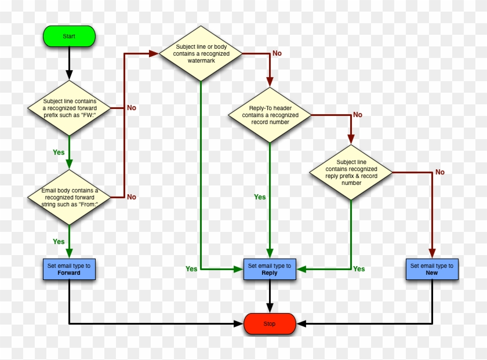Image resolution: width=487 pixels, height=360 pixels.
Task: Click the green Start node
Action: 69,36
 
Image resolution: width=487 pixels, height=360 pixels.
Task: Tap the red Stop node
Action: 270,323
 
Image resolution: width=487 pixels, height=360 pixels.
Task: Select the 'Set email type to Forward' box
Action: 69,269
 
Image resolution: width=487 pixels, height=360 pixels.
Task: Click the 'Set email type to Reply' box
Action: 270,269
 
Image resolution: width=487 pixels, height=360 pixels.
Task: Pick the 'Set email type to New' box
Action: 432,269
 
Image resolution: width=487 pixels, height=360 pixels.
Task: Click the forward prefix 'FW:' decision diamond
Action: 69,107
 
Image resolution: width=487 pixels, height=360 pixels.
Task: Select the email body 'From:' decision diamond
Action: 69,197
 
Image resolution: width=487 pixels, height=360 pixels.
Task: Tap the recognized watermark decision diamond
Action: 201,53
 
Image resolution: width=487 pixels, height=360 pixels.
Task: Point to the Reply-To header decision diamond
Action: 270,115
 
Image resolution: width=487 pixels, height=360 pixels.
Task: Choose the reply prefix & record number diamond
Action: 351,172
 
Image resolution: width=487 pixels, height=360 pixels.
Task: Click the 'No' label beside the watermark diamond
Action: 277,53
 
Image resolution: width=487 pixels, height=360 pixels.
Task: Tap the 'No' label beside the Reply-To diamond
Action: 357,115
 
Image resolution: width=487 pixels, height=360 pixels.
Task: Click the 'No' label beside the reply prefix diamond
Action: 440,172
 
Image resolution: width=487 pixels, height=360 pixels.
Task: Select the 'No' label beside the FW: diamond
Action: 132,108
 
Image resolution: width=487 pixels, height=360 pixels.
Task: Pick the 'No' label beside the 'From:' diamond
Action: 132,197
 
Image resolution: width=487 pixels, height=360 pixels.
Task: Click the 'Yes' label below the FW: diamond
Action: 59,152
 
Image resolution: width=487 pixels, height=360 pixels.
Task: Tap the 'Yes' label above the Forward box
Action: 59,241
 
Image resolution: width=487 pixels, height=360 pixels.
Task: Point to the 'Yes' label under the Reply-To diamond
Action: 260,197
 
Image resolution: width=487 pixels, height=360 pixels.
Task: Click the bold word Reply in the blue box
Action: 270,273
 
